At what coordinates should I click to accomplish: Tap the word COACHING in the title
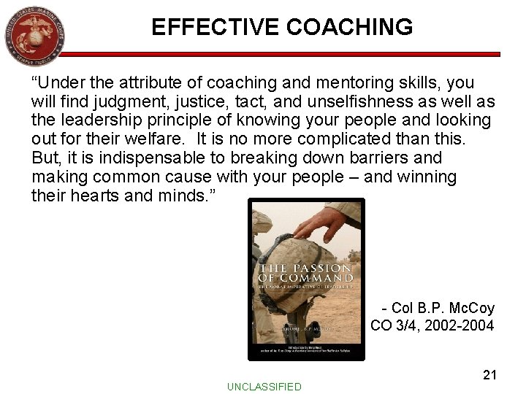tap(343, 27)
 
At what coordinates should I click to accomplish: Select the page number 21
tap(490, 375)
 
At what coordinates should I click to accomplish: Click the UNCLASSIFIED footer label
tap(264, 387)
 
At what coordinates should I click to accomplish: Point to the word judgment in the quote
tap(133, 101)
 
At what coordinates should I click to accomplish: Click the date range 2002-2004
tap(462, 325)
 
